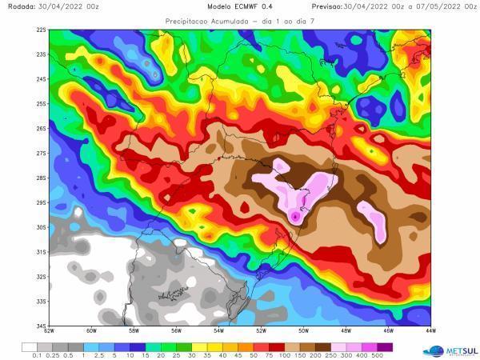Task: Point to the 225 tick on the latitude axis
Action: (x=41, y=30)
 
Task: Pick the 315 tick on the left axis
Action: (x=41, y=252)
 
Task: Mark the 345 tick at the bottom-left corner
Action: (x=41, y=326)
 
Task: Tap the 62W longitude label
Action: (x=50, y=330)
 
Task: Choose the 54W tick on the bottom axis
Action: (x=219, y=330)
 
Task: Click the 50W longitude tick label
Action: (x=304, y=330)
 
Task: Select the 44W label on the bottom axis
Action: (x=430, y=330)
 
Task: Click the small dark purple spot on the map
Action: (x=295, y=216)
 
